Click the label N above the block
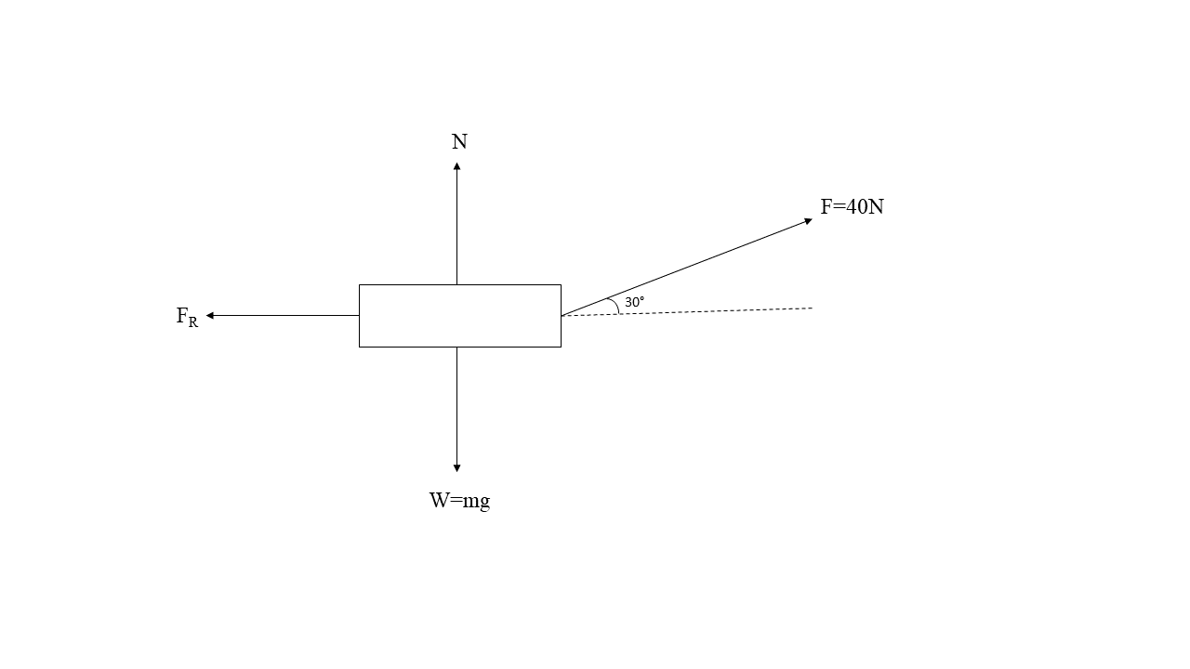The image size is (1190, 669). click(x=459, y=142)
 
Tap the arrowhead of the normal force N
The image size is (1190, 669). click(x=456, y=166)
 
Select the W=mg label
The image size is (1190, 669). click(x=459, y=501)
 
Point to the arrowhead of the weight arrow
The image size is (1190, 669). click(x=456, y=467)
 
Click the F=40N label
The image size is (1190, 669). click(x=852, y=207)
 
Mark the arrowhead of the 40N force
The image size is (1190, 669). click(x=808, y=221)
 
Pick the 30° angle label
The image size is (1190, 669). click(x=634, y=302)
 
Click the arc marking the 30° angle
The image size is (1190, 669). click(x=615, y=306)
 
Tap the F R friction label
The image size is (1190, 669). click(x=187, y=317)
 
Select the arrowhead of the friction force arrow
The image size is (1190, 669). click(x=210, y=316)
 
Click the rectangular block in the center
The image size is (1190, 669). click(x=460, y=316)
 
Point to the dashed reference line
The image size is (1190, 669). click(x=725, y=310)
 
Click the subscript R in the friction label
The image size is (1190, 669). click(x=193, y=322)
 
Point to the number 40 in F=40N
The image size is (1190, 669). click(x=856, y=207)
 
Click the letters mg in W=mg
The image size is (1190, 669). click(x=476, y=502)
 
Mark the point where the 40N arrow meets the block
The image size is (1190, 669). click(x=562, y=316)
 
